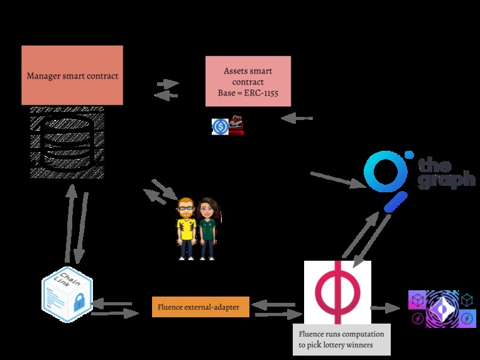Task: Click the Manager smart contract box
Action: coord(72,75)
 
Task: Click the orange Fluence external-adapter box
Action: coord(200,307)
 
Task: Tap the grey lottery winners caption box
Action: coord(342,339)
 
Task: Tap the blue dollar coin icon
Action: coord(220,126)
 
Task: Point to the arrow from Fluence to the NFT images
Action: coord(385,308)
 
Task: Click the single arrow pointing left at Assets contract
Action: coord(296,118)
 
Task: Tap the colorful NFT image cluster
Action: coord(442,308)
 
